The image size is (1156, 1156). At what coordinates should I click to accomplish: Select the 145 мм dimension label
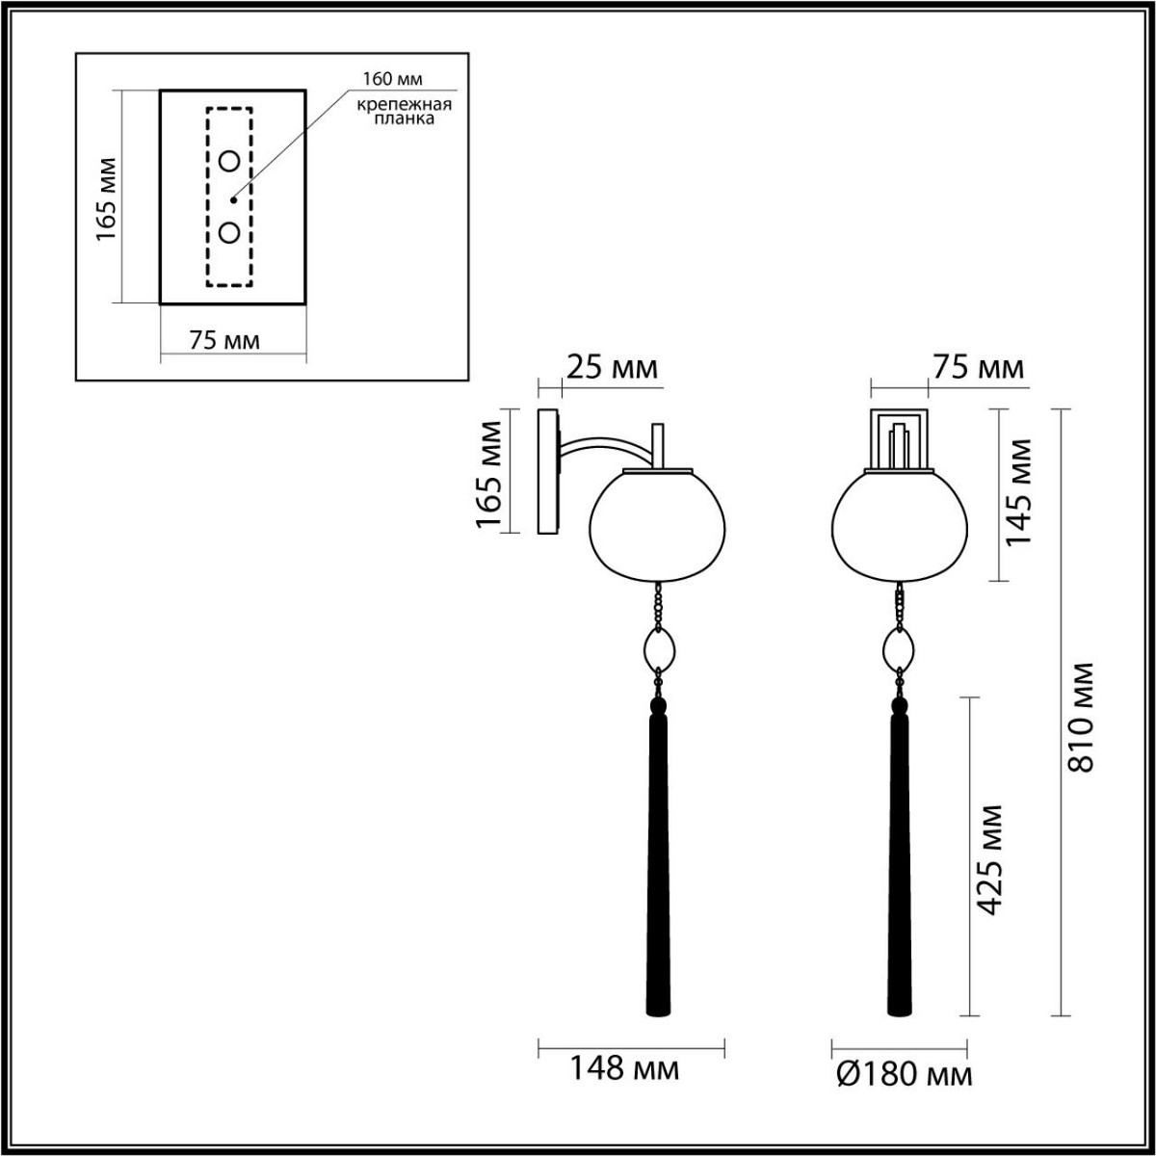point(1018,491)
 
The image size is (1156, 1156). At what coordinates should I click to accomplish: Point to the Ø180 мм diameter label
point(902,1071)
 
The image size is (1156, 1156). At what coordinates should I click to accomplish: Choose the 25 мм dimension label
point(612,367)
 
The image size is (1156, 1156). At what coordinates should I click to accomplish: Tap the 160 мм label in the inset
point(393,78)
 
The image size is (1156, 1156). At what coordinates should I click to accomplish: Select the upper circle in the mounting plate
point(229,161)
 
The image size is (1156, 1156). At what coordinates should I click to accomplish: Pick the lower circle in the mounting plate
point(229,233)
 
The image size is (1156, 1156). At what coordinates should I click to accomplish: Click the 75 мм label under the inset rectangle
point(223,340)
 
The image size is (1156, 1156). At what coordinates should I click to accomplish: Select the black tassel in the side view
point(659,857)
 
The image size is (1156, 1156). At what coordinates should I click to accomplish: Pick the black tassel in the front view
point(899,857)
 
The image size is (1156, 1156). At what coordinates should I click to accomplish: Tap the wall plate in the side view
point(547,471)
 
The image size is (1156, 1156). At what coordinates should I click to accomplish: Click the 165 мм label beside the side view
point(490,474)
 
